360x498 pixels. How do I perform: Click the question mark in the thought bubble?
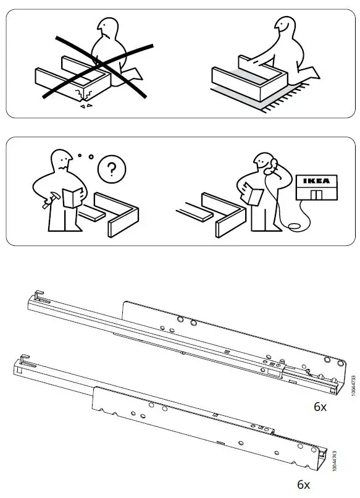point(111,169)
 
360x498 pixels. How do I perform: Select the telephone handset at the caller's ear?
point(270,166)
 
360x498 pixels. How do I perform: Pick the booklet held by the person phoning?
point(252,193)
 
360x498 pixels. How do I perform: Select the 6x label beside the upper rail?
point(319,408)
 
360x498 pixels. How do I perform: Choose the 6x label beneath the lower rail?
point(303,484)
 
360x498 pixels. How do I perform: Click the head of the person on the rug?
point(285,27)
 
